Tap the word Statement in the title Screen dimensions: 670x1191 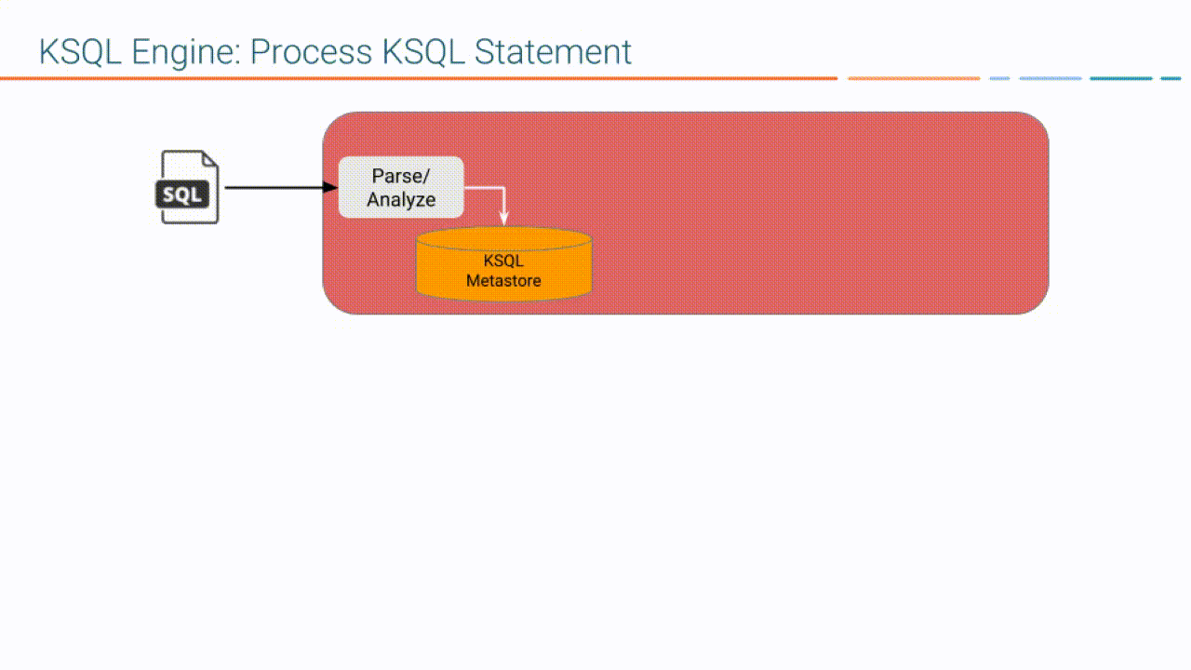pos(553,52)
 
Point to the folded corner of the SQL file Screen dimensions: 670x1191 pos(210,159)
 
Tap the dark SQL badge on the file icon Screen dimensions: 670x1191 pos(183,195)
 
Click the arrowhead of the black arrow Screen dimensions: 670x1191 pos(330,188)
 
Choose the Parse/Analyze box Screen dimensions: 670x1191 pos(401,187)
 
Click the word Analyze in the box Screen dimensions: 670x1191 pos(401,199)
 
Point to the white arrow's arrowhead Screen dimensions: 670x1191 pos(504,220)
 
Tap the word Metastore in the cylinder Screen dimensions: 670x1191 pos(503,280)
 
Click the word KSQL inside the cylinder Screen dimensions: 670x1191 pos(503,261)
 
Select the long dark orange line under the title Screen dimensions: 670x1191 pos(419,78)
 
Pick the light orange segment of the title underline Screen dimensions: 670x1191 pos(914,78)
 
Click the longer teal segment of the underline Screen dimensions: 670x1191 pos(1120,78)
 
